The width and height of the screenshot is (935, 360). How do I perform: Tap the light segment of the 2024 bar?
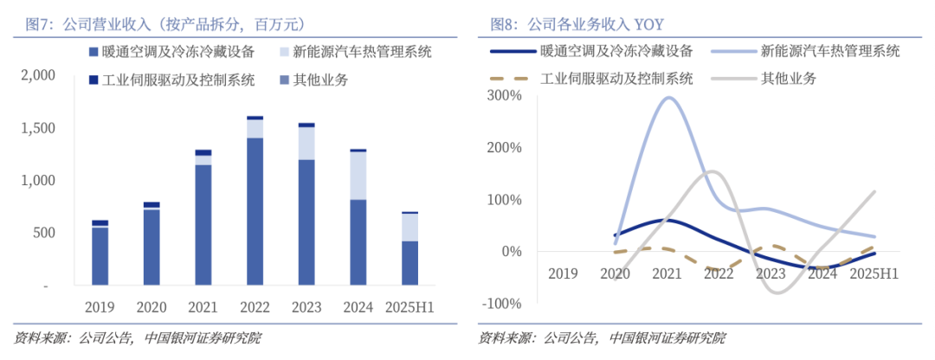(x=358, y=176)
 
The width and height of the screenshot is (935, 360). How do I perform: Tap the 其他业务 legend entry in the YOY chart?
(x=788, y=79)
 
